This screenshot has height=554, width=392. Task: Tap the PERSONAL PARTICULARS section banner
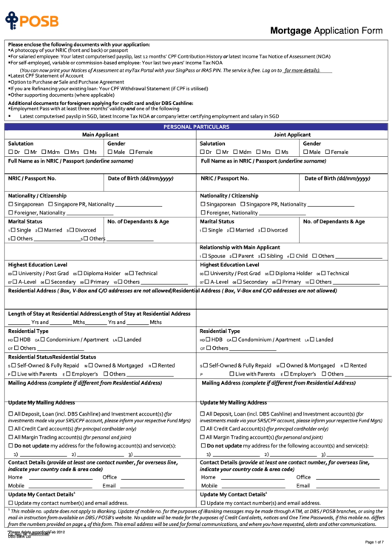point(196,126)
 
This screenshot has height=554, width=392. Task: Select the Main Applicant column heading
point(100,135)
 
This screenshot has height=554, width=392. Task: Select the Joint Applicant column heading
point(292,135)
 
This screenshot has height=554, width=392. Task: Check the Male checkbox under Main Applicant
point(110,152)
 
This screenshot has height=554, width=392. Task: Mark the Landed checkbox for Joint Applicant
point(312,340)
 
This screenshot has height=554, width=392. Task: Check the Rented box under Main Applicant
point(152,365)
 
